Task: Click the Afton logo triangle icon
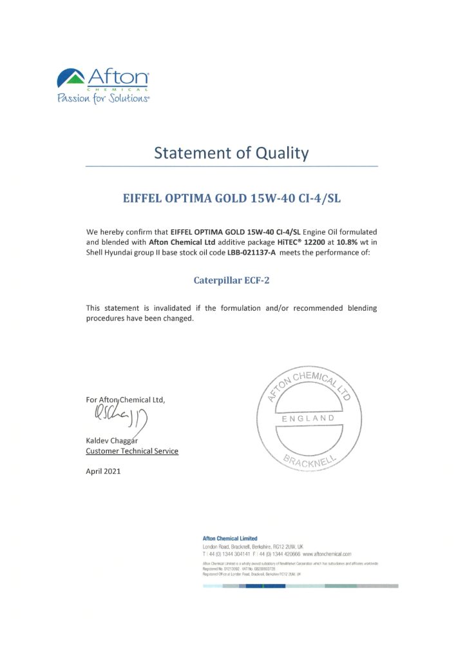click(x=71, y=79)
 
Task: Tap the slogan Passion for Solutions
click(x=103, y=99)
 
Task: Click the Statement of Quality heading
click(x=231, y=153)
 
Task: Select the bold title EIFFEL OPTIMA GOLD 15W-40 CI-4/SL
click(x=231, y=199)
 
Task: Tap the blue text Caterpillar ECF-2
click(x=231, y=280)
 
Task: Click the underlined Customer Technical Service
click(x=132, y=451)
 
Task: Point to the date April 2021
click(x=103, y=471)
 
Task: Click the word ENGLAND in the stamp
click(x=309, y=419)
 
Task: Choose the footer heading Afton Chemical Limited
click(x=229, y=538)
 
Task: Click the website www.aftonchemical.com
click(x=327, y=554)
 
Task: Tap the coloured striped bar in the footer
click(x=300, y=586)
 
